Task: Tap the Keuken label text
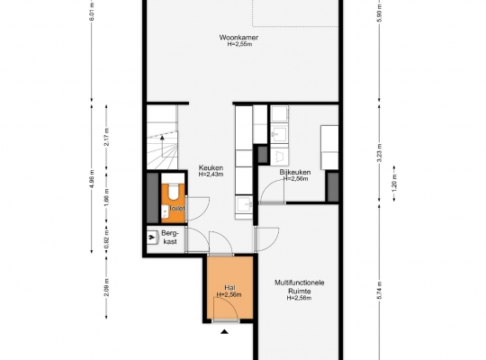tap(211, 167)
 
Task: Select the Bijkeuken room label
tap(295, 172)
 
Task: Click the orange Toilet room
tap(174, 203)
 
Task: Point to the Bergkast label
tap(170, 238)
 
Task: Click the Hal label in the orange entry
tap(229, 288)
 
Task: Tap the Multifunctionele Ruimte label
tap(300, 287)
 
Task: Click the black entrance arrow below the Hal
tap(224, 332)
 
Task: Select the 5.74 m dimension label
tap(380, 290)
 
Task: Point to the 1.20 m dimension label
tap(394, 184)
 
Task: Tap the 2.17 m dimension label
tap(106, 137)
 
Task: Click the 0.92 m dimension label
tap(106, 237)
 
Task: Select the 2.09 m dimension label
tap(106, 287)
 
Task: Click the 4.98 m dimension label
tap(92, 179)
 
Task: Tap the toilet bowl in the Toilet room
tap(174, 191)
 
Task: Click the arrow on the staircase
tap(162, 146)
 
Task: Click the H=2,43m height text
tap(211, 175)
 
